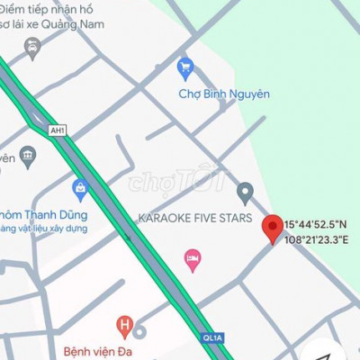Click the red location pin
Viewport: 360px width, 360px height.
click(271, 228)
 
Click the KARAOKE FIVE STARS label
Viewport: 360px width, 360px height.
click(193, 218)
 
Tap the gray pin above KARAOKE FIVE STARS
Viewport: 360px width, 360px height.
click(245, 192)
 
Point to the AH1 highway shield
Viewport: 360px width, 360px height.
click(58, 130)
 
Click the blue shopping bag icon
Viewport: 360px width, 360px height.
click(80, 188)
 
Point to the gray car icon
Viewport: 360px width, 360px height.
click(32, 48)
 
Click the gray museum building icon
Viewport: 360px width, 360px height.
click(28, 157)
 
